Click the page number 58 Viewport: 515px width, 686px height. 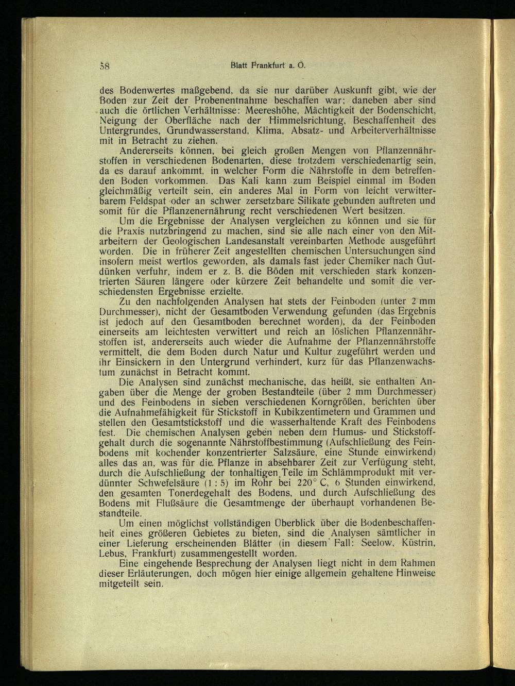[x=108, y=66]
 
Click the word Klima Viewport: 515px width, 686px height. [x=273, y=130]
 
